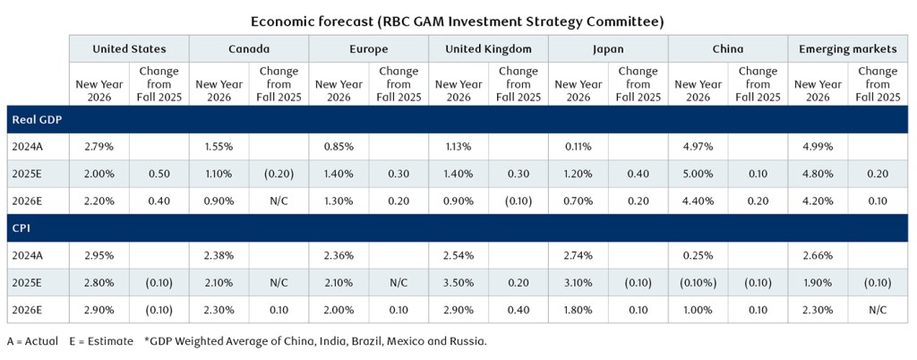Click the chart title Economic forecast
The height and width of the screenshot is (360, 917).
click(458, 20)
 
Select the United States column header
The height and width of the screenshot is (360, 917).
click(129, 49)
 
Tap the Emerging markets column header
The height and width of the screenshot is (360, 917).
click(846, 49)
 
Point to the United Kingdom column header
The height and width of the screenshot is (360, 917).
click(488, 49)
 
